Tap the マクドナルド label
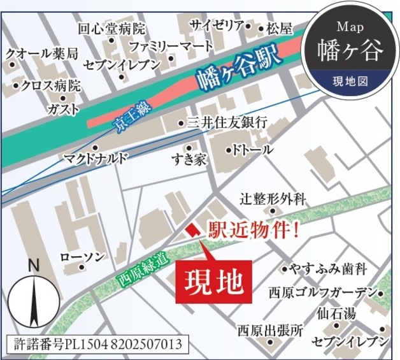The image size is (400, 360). click(96, 157)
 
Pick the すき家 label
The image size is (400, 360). click(189, 159)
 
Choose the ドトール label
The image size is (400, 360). click(253, 150)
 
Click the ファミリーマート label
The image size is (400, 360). click(171, 47)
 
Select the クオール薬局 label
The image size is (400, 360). click(42, 54)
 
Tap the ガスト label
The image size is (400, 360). click(64, 109)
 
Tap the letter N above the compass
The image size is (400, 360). click(34, 265)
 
